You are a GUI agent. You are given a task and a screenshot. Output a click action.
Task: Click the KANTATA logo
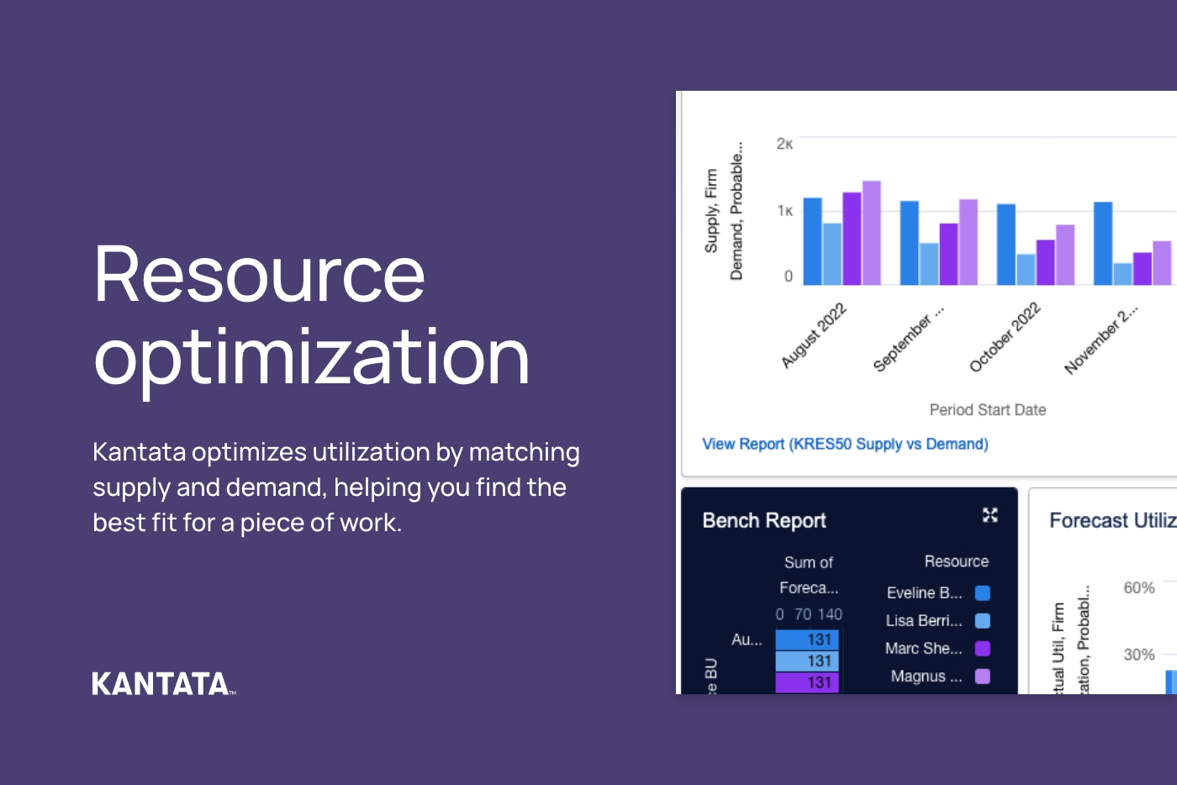pos(161,683)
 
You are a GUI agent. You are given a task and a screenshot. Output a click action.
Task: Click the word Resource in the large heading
pos(260,274)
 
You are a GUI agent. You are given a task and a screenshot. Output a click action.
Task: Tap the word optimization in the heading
pos(311,356)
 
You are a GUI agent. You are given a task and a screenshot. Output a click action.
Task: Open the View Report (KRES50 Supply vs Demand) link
pos(845,444)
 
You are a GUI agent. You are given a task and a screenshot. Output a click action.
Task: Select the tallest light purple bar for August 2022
pos(871,233)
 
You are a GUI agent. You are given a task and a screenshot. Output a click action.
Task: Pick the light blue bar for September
pos(929,264)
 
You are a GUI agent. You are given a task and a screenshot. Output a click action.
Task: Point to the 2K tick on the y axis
pos(784,144)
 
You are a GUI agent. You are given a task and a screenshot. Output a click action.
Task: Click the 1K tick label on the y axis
pos(784,211)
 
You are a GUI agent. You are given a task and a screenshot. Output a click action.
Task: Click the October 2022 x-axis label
pos(1005,336)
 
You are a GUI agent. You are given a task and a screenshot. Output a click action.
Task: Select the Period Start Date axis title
pos(988,410)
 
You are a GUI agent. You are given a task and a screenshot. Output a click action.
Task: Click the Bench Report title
pos(764,521)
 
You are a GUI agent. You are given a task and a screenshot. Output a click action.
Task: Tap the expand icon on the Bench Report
pos(990,515)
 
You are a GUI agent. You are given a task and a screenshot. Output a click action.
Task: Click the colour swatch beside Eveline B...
pos(982,593)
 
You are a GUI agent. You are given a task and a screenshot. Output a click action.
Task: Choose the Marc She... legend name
pos(923,649)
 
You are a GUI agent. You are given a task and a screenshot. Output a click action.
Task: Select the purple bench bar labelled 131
pos(806,682)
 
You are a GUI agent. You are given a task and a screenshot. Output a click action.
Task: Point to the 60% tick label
pos(1139,588)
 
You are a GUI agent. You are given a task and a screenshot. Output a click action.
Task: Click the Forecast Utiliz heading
pos(1111,521)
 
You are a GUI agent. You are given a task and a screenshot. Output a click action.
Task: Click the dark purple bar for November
pos(1143,269)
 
